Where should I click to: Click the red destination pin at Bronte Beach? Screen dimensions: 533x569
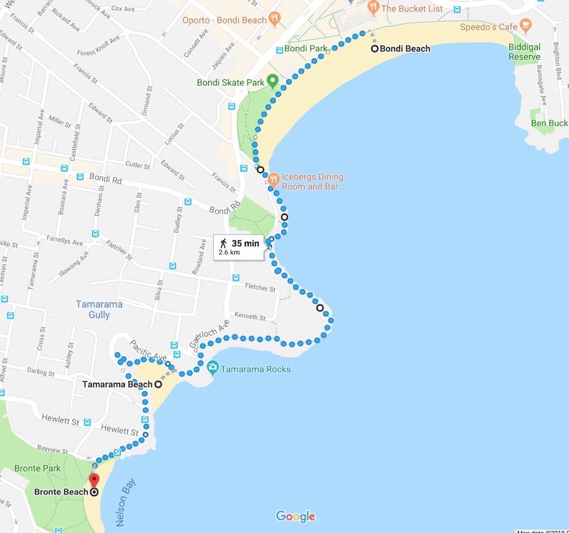(x=94, y=480)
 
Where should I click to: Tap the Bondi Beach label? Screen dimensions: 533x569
(x=405, y=49)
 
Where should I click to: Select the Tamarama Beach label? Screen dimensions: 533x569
(x=117, y=385)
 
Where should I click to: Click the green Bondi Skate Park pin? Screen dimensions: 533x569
(x=272, y=81)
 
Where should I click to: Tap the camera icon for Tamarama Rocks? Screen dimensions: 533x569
(x=213, y=367)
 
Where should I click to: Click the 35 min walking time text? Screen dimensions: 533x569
(x=245, y=243)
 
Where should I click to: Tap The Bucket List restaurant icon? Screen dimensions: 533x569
(x=373, y=8)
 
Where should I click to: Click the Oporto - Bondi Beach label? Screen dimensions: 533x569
(x=224, y=20)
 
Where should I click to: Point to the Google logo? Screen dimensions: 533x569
(x=295, y=516)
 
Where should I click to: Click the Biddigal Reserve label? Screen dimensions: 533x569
(x=525, y=52)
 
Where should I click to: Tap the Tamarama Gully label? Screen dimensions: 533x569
(x=99, y=309)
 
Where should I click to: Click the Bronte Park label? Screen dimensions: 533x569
(x=38, y=468)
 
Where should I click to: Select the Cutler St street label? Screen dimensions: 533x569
(x=137, y=166)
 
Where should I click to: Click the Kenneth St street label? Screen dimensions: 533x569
(x=250, y=316)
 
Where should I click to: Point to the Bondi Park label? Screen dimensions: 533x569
(x=306, y=48)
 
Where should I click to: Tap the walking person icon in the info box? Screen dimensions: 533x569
(x=224, y=243)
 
